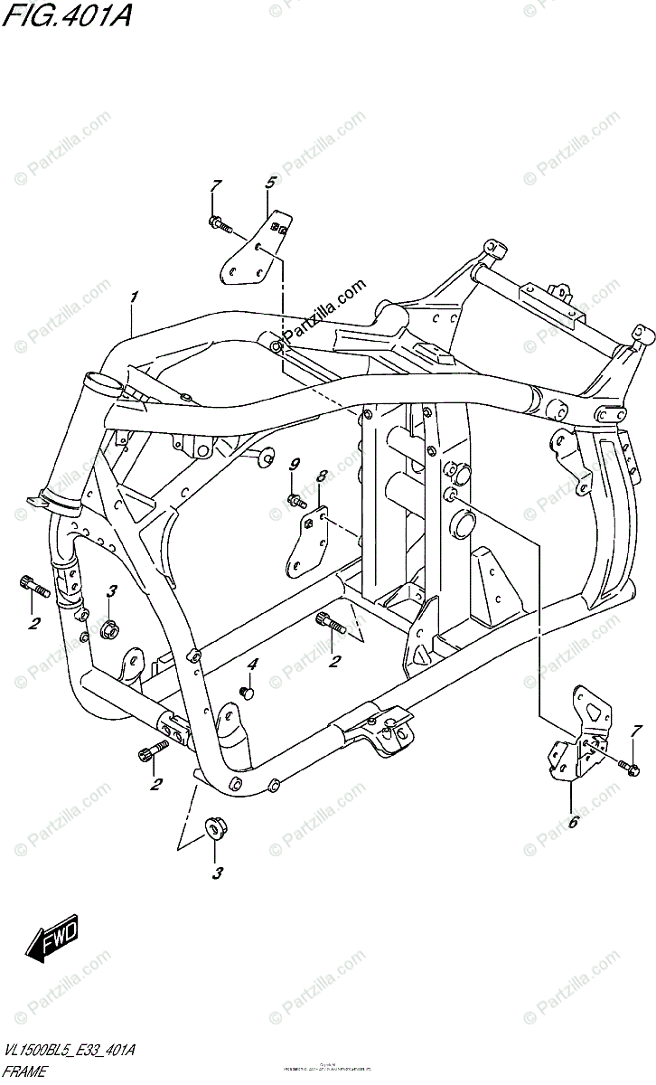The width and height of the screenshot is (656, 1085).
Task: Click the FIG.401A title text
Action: point(65,15)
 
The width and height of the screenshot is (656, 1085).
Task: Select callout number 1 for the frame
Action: point(133,297)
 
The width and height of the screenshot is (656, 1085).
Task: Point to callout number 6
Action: point(572,822)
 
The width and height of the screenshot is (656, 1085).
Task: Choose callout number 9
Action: point(294,465)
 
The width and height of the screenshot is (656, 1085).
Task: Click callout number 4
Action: point(253,665)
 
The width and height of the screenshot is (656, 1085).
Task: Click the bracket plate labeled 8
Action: point(307,542)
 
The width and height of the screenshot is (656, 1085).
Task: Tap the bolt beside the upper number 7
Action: point(220,222)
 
